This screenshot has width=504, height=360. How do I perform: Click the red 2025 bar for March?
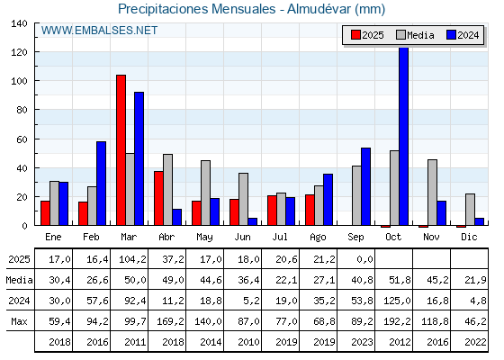click(121, 150)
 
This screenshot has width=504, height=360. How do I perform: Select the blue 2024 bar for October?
click(403, 136)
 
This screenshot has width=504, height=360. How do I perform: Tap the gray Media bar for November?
click(432, 193)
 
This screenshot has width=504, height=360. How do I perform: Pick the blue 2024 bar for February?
click(101, 184)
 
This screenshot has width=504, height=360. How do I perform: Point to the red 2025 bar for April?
click(158, 198)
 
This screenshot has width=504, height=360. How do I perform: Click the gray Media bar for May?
click(206, 193)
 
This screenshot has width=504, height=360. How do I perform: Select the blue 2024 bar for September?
click(365, 187)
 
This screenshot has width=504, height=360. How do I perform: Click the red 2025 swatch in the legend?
click(355, 35)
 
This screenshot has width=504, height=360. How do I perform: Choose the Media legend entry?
click(415, 35)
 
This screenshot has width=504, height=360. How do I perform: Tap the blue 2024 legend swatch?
click(451, 35)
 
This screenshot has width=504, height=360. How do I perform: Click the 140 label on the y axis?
click(20, 23)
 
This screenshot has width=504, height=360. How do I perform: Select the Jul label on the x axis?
click(280, 237)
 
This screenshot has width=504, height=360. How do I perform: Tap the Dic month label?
click(469, 237)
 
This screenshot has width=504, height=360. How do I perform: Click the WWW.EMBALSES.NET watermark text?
click(99, 31)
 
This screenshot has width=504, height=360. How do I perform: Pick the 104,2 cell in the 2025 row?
click(132, 259)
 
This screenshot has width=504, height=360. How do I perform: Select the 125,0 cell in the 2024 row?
click(397, 301)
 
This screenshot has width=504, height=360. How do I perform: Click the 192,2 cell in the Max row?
click(397, 321)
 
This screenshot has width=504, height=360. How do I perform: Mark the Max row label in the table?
click(19, 321)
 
